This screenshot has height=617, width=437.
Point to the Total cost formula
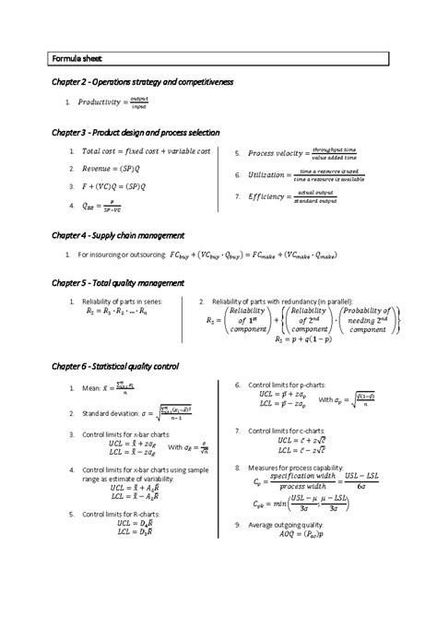tap(147, 151)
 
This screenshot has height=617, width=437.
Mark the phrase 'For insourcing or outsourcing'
tap(122, 255)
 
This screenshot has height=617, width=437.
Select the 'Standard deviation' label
tap(109, 413)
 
